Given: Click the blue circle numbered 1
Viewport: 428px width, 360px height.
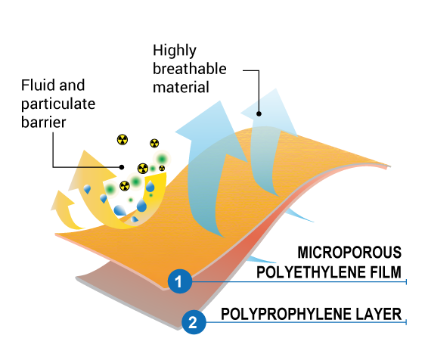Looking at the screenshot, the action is [180, 281].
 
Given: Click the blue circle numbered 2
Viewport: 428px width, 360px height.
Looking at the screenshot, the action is [194, 322].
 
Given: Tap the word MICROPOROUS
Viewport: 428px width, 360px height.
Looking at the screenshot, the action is [349, 252].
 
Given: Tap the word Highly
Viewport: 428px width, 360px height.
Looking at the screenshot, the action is [175, 51].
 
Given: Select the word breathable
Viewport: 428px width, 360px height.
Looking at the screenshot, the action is [190, 69].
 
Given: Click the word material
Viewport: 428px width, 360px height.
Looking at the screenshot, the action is [181, 87].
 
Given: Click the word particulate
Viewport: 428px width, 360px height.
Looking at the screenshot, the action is [58, 104].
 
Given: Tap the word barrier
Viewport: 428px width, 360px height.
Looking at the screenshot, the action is [44, 123].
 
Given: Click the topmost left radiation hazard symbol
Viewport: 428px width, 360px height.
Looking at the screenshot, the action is [123, 140].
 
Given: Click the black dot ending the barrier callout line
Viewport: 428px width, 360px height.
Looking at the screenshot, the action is [122, 167].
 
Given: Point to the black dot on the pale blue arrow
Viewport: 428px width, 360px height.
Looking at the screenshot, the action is [259, 113].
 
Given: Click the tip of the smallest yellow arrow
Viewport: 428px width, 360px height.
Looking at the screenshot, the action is [60, 191].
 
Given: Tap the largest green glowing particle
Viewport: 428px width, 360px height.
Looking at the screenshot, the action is [162, 159].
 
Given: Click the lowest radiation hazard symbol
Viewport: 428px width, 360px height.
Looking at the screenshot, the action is [125, 186].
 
